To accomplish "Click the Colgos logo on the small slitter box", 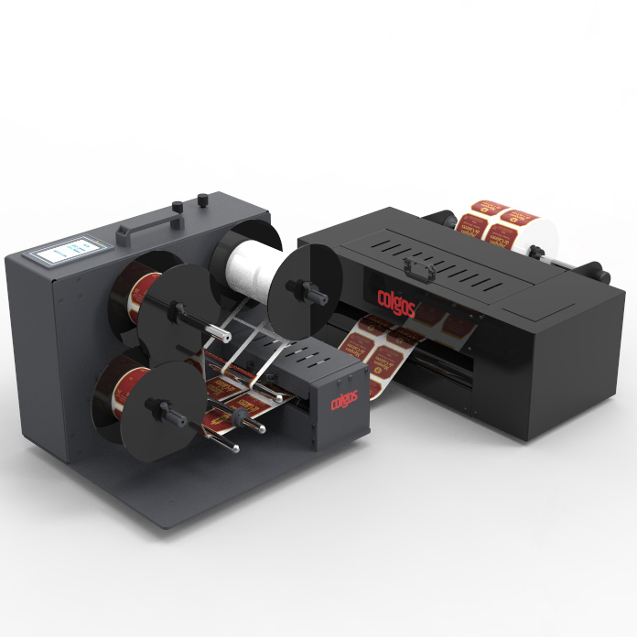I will point(346,402).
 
